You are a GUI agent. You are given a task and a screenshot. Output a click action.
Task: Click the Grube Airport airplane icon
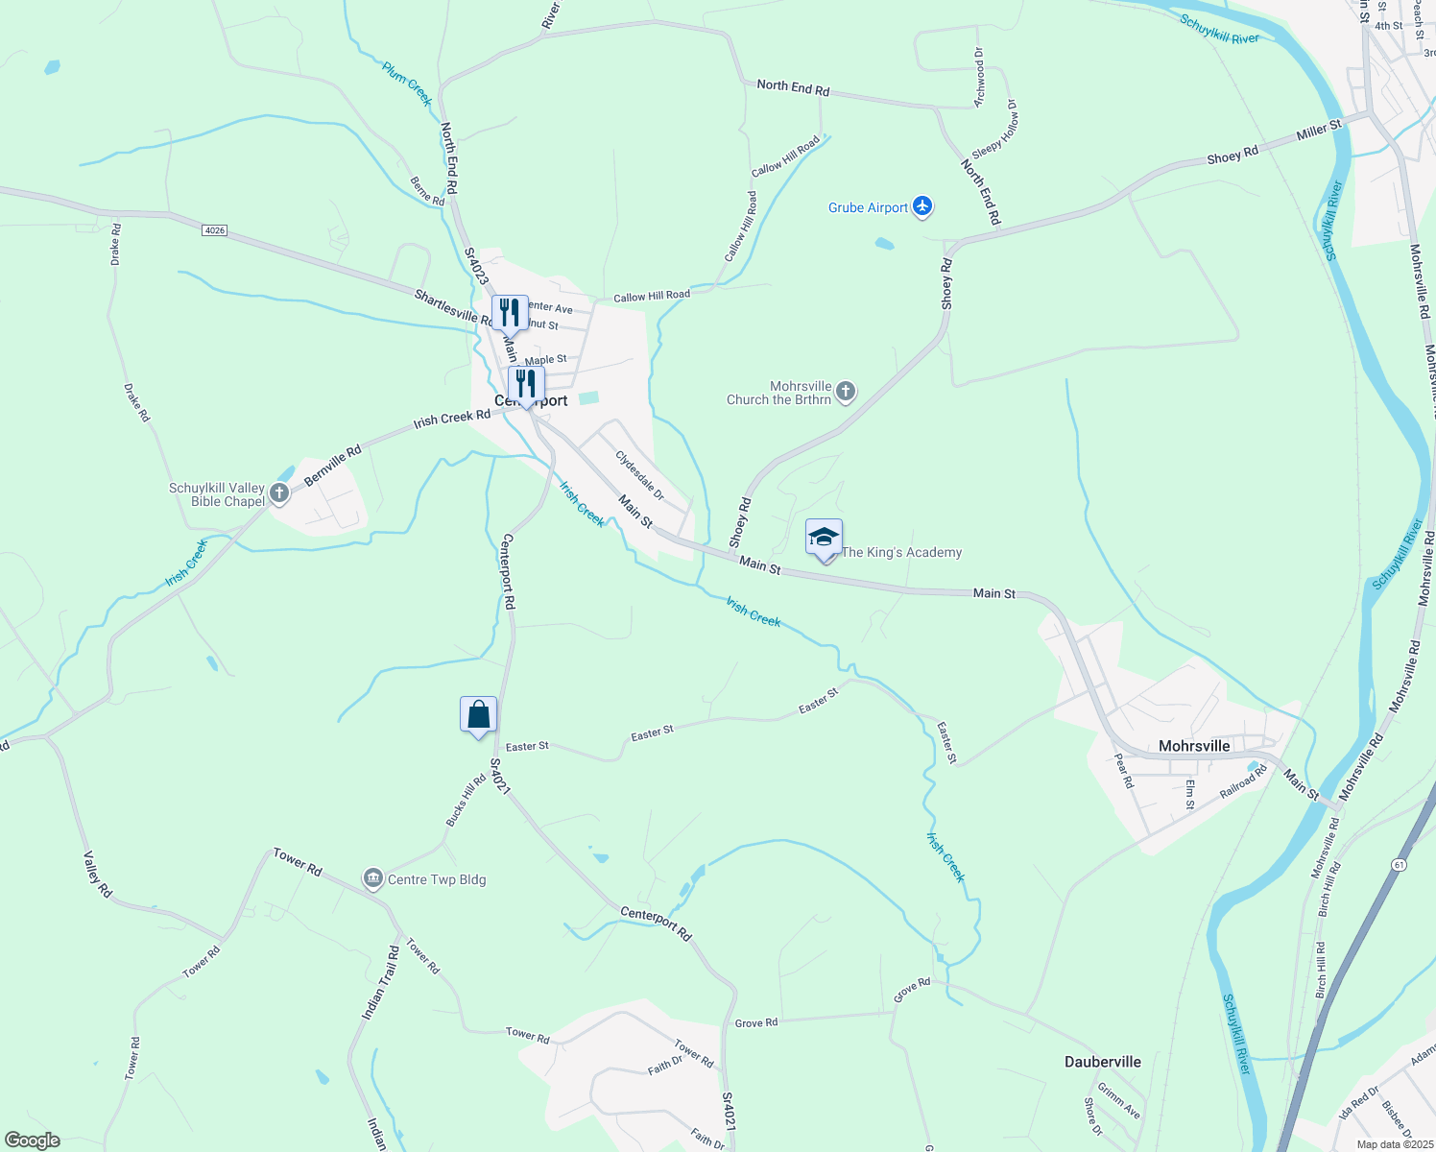coord(922,206)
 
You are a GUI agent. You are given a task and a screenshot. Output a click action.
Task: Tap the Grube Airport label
coord(868,207)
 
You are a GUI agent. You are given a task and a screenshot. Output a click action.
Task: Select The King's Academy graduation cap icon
coord(824,538)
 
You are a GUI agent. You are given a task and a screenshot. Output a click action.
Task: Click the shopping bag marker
coord(478,715)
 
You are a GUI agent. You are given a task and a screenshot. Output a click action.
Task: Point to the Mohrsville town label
coord(1193,746)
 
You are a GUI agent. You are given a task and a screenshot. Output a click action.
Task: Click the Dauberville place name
coord(1103,1062)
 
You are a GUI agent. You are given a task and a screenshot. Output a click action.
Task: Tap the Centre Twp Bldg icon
coord(372,878)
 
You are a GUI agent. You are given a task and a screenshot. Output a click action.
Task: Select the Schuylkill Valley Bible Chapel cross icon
coord(279,493)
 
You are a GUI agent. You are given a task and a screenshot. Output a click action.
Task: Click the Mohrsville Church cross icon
coord(845,391)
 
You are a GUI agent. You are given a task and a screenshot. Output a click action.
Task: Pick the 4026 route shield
coord(215,230)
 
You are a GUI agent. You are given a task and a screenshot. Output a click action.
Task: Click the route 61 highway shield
coord(1399,865)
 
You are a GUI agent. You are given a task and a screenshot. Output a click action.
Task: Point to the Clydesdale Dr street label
coord(639,475)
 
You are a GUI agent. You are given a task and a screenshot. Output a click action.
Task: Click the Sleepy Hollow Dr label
coord(995,131)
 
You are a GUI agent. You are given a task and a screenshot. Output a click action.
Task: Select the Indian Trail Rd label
coord(380,983)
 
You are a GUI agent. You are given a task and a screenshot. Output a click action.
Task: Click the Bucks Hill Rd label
coord(466,801)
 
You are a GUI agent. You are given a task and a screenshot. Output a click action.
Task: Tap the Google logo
coord(33,1140)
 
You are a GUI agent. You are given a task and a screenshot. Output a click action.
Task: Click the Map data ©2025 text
coord(1395,1144)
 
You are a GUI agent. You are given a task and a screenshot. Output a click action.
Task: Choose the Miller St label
coord(1318,130)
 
